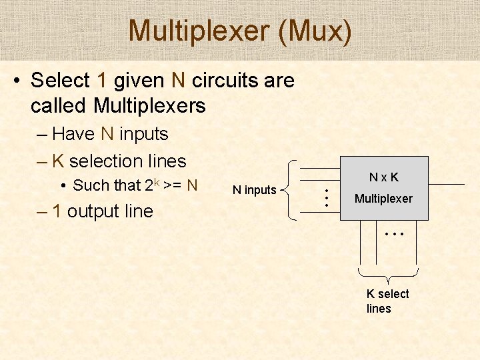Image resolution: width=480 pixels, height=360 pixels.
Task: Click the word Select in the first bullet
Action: pos(60,81)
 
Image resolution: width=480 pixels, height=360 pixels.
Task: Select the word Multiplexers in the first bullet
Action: pos(149,105)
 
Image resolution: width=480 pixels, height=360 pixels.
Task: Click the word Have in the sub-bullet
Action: pos(73,134)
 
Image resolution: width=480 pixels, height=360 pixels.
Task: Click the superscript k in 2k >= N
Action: pos(157,181)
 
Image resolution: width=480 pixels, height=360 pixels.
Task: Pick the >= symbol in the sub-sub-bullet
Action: pos(173,185)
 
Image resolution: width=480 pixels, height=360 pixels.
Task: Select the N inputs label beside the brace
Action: pos(254,190)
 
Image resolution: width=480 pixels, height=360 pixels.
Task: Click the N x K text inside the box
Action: pos(384,177)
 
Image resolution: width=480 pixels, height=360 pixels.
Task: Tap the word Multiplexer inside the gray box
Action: pos(383,199)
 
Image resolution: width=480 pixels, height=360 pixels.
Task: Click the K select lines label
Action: pos(387,301)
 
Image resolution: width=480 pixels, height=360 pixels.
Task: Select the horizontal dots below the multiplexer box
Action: pos(395,235)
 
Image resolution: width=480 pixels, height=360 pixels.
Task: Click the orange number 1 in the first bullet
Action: pos(101,81)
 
